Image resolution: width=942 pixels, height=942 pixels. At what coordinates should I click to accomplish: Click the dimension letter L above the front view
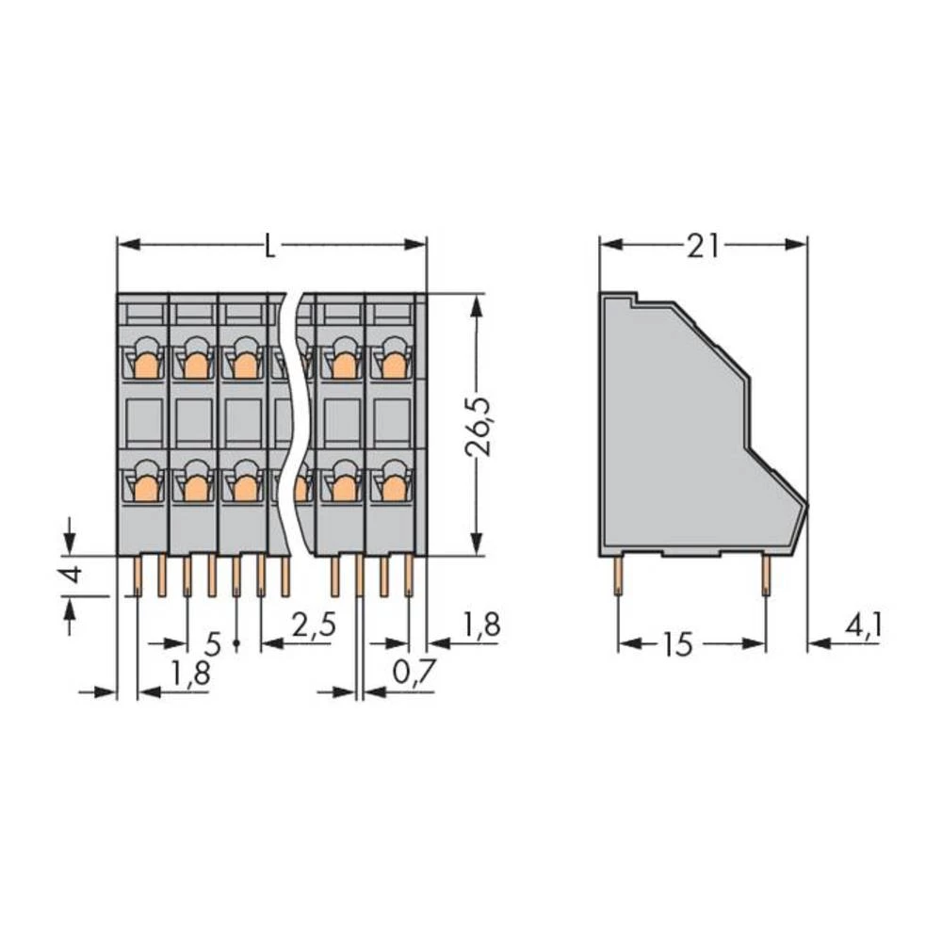coord(270,247)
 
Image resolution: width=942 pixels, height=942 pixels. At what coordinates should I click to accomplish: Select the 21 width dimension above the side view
coord(703,246)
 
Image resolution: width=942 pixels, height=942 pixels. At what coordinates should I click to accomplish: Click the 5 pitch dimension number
coord(213,644)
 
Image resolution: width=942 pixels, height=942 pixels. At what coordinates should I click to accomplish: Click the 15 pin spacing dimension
coord(676,644)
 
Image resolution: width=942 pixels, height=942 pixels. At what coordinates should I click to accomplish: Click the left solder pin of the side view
coord(618,575)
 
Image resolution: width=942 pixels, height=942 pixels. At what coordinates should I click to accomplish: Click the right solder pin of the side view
coord(765,575)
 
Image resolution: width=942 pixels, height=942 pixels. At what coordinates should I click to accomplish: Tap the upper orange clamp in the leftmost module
coord(144,362)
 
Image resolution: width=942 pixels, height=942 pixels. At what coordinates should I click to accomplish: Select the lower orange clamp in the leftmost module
coord(144,486)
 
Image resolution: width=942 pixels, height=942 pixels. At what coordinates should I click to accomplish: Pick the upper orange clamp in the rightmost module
coord(391,362)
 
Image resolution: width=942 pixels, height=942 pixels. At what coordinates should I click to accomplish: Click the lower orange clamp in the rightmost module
coord(391,486)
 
